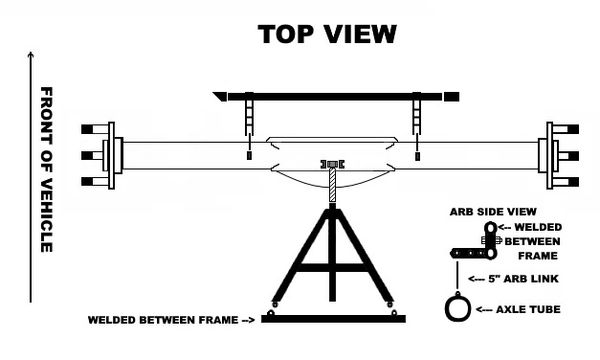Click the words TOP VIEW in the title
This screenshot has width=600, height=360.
327,33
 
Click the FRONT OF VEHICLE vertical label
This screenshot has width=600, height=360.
46,169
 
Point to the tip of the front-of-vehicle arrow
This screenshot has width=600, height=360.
32,53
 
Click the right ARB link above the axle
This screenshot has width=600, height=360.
415,126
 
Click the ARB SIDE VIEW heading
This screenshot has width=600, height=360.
495,213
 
